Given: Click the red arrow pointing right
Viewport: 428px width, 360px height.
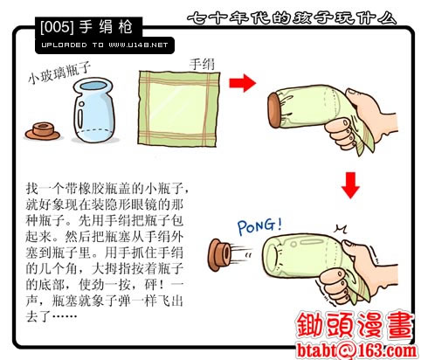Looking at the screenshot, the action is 242,83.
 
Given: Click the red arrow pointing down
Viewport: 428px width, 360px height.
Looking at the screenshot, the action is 350,185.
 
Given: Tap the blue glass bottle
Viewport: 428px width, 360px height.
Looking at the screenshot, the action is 93,110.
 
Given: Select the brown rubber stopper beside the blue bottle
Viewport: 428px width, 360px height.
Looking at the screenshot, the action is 43,131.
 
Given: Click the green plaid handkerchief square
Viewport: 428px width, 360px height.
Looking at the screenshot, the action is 178,108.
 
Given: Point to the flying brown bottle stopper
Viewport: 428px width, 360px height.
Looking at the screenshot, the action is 220,255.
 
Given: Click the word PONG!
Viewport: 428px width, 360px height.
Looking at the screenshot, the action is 259,226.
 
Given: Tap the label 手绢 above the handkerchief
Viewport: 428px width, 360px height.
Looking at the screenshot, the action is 202,64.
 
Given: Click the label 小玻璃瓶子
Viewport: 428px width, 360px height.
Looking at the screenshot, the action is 59,73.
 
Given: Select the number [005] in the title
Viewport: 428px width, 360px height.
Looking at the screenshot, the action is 57,27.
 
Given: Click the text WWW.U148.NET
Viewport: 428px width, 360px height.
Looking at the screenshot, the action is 138,45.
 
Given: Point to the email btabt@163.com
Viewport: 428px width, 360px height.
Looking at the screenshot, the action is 356,350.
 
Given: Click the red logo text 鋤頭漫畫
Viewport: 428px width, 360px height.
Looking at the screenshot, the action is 355,325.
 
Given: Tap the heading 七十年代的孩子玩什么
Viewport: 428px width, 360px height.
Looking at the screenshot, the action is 292,18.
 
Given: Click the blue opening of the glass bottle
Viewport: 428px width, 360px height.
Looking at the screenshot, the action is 93,86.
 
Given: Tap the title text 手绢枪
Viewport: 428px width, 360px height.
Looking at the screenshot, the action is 106,27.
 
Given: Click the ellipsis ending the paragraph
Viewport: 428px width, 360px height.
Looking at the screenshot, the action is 65,315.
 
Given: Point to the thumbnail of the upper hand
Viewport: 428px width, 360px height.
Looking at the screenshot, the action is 353,93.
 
